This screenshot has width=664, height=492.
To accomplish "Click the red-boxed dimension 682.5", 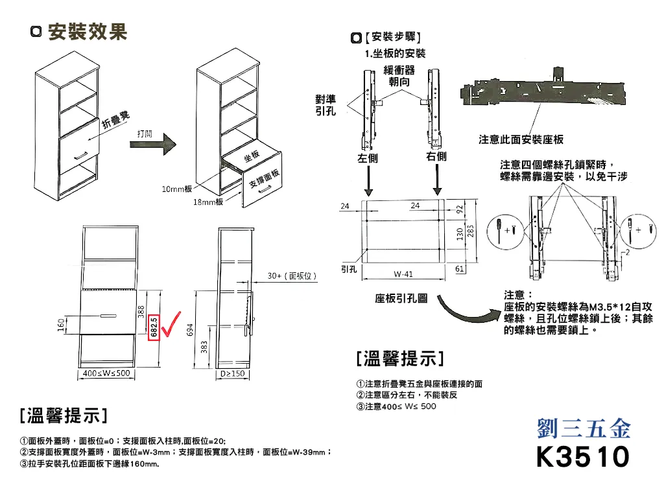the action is coord(154,327).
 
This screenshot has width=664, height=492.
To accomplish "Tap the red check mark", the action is coord(171,324).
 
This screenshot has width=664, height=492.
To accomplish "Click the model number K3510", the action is coord(583,456).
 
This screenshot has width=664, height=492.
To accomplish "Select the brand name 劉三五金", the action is coord(584,428).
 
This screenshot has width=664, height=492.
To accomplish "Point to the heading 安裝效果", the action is coord(88,32).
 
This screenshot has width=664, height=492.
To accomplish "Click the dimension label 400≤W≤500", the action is coord(106,373).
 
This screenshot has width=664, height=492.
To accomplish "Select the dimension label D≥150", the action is coord(233,373).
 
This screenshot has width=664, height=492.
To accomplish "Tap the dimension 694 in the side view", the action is coord(190,330).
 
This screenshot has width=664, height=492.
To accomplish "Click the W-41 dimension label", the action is coord(403,274).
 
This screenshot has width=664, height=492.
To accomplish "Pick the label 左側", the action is coord(368,158).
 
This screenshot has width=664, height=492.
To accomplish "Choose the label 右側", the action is coord(436,156).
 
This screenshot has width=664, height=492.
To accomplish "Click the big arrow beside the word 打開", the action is coord(153,145).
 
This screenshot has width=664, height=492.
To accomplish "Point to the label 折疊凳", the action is coord(115,120).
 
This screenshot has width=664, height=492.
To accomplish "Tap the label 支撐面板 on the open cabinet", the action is coord(264,178).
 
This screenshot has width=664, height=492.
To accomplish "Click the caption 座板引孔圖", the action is coord(401,298).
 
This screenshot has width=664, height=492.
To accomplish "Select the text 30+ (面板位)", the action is coord(292,275).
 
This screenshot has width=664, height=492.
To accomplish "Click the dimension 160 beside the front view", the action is coord(62,325).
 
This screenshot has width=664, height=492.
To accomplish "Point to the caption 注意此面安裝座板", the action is coord(521,139).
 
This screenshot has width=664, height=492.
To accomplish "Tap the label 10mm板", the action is coord(176,189).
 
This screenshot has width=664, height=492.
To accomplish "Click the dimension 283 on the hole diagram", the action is coord(471,231).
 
